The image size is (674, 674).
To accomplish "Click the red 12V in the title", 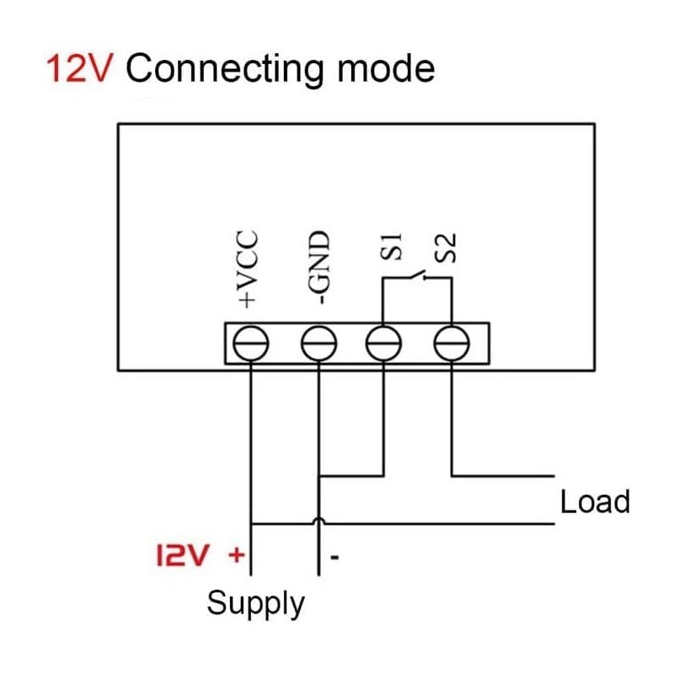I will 81,69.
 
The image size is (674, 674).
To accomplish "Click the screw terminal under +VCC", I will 250,343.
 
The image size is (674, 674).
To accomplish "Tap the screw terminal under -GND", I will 318,343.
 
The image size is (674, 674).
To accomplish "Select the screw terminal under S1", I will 384,343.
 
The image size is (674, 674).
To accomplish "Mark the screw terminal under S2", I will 452,343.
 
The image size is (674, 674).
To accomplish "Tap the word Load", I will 595,502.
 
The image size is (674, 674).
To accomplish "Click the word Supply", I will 255,603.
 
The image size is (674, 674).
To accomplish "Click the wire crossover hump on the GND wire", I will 318,523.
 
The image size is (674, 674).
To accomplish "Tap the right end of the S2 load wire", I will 554,476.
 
